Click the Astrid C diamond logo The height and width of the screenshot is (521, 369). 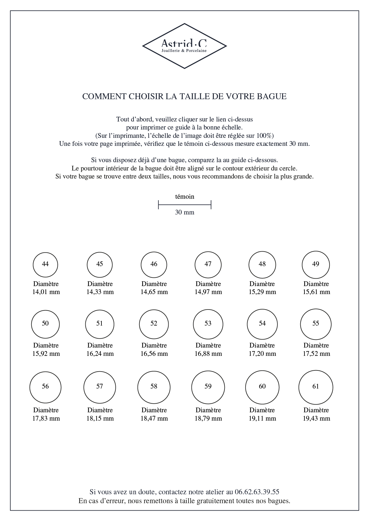pos(184,46)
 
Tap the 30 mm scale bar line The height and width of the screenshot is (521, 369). pos(184,205)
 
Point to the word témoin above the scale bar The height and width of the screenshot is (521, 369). pos(185,197)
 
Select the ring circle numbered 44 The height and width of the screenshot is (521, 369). pos(45,264)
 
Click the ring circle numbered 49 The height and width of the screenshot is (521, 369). pos(316,264)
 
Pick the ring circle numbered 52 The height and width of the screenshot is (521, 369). pos(154,324)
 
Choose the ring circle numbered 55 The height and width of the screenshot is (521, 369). pos(316,324)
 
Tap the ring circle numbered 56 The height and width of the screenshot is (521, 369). pos(45,387)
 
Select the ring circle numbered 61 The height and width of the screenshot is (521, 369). pos(316,387)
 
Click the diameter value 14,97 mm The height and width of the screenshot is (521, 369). pos(208,292)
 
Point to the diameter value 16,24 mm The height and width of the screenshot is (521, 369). pos(100,354)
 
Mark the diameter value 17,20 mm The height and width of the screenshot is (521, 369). pos(263,354)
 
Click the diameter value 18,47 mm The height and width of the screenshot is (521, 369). pos(154,419)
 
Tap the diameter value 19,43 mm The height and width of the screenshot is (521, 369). pos(316,419)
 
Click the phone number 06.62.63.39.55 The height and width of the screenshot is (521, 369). pos(257,492)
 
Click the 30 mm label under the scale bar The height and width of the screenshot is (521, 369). pos(185,212)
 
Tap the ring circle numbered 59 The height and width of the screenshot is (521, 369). pos(208,387)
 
